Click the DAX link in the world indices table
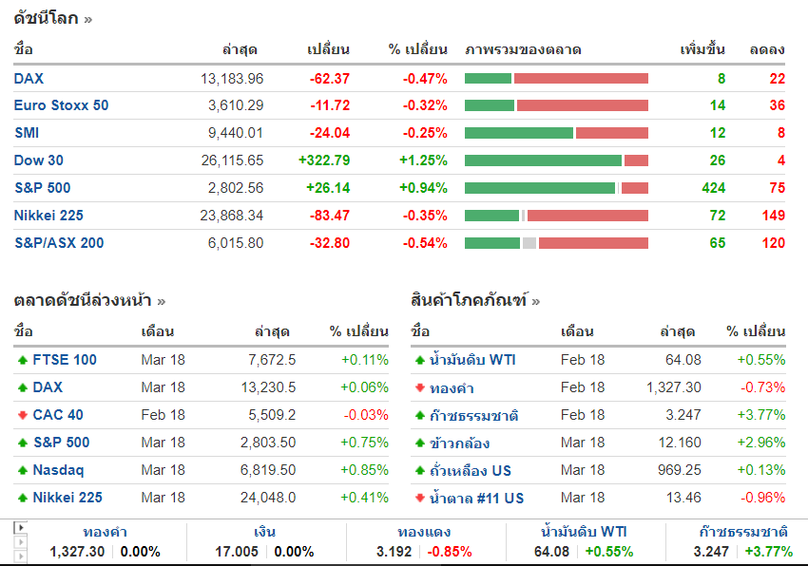click(x=29, y=79)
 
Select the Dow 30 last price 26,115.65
click(x=232, y=160)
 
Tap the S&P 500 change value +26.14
click(x=324, y=188)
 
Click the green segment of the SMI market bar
click(x=518, y=133)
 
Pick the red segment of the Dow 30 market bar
click(x=636, y=160)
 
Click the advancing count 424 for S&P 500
click(x=713, y=188)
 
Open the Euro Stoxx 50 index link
click(x=61, y=105)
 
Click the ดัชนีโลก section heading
click(x=46, y=18)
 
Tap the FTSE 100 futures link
click(x=65, y=360)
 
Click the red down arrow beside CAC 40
click(x=22, y=415)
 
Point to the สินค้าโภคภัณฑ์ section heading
click(x=470, y=301)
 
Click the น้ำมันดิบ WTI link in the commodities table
click(x=471, y=360)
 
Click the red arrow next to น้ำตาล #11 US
click(x=419, y=498)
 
